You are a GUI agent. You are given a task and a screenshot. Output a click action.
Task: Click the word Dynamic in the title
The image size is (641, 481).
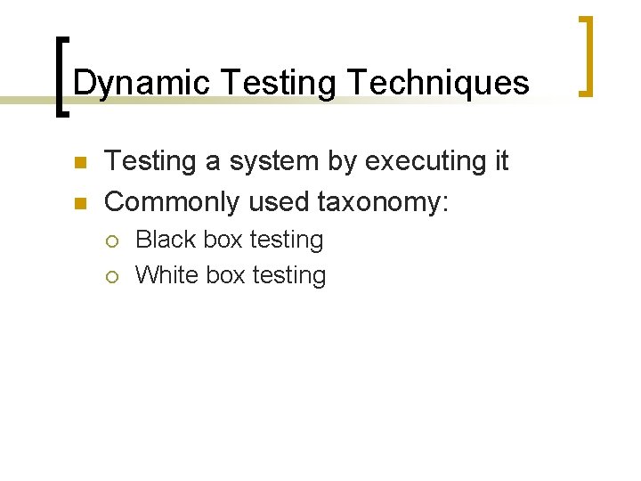click(x=142, y=84)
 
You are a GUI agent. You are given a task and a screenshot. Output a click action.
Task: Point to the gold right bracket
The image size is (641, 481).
click(x=585, y=55)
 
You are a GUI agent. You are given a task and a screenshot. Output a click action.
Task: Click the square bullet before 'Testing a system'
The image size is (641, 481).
click(x=78, y=163)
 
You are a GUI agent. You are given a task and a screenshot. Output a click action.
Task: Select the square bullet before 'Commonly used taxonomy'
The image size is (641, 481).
click(x=78, y=204)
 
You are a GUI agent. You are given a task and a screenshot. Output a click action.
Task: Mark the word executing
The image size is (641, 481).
click(x=418, y=162)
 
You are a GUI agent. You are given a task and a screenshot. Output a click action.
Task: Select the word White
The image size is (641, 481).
click(x=166, y=275)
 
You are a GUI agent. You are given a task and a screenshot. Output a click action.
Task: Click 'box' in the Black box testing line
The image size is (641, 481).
click(x=225, y=240)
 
